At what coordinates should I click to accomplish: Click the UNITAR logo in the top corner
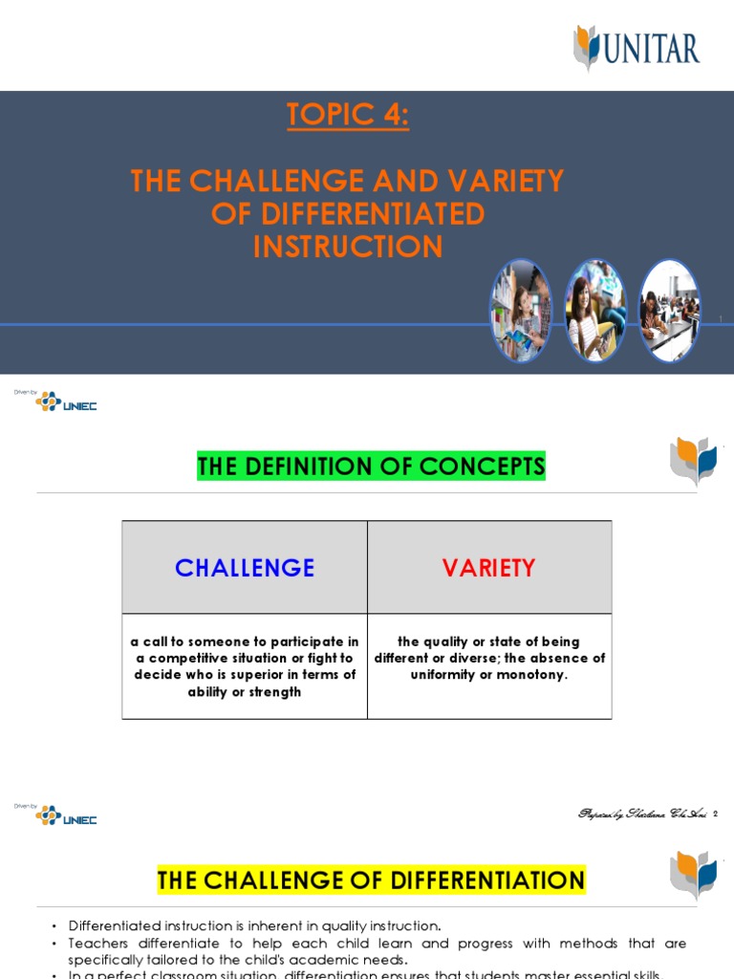click(x=637, y=48)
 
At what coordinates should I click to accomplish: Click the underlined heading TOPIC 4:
click(x=348, y=115)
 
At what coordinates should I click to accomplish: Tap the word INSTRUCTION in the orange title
click(x=348, y=247)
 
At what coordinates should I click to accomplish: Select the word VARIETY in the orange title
click(x=496, y=181)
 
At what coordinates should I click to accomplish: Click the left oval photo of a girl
click(x=521, y=311)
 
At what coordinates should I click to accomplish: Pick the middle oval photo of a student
click(x=594, y=311)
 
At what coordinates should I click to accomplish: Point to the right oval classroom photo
click(x=669, y=311)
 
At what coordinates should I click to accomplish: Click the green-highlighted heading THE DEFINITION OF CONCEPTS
click(x=371, y=467)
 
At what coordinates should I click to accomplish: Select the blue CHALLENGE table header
click(x=245, y=568)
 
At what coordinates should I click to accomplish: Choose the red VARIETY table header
click(x=488, y=568)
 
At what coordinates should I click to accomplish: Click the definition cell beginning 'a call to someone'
click(x=245, y=666)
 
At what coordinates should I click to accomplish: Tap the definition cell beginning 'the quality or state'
click(x=489, y=658)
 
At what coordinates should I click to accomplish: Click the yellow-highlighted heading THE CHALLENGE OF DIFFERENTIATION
click(x=371, y=880)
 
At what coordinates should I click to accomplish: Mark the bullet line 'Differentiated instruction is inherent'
click(x=254, y=925)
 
